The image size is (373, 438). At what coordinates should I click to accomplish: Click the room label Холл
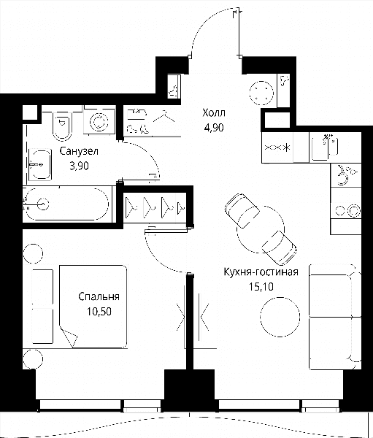tap(214, 113)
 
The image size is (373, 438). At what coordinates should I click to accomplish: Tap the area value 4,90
tap(214, 128)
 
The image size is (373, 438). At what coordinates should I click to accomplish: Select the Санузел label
tap(79, 151)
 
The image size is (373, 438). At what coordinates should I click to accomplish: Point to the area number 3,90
tap(79, 166)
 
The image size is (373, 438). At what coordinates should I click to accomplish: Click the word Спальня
tap(99, 296)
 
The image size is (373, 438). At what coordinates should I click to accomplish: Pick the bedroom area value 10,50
tap(99, 311)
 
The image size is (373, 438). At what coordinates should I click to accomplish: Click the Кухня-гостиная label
tap(261, 272)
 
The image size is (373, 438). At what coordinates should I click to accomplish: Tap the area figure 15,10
tap(261, 287)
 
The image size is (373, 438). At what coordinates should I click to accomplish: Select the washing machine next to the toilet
tap(99, 120)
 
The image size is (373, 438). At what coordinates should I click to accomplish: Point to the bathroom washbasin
tap(39, 164)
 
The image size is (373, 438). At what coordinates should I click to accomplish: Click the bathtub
tap(67, 204)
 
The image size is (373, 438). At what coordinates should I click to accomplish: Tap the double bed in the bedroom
tap(93, 307)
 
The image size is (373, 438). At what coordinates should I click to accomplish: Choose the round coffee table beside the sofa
tap(280, 317)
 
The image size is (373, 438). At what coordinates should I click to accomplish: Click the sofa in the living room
tap(335, 317)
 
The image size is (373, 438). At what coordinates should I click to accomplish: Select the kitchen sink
tap(324, 147)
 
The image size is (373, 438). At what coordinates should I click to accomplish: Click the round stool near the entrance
tap(261, 93)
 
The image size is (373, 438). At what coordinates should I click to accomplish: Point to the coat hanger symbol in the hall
tap(164, 117)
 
